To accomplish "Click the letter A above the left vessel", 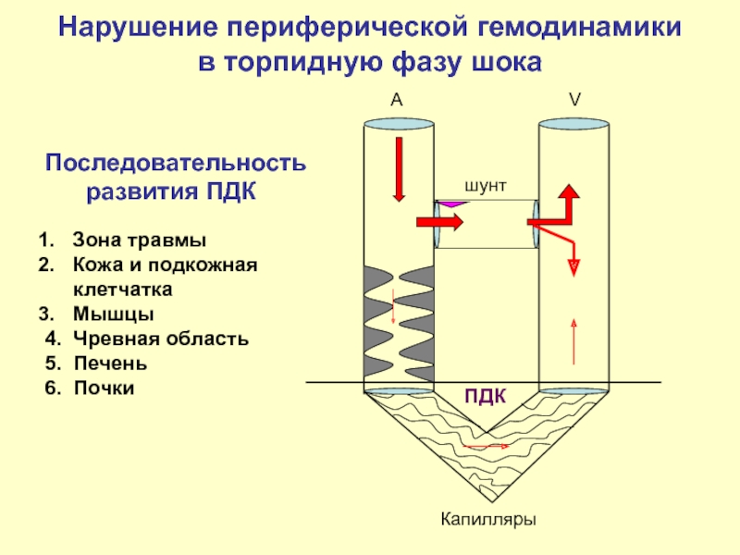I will tap(396, 101).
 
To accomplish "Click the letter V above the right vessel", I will tap(573, 101).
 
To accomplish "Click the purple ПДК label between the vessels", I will tap(485, 397).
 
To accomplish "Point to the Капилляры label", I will tap(488, 519).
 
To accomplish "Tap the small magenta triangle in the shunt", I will tap(450, 202).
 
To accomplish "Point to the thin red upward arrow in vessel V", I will tap(573, 340).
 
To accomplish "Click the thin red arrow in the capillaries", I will tap(486, 446).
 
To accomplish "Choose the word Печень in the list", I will tap(110, 363).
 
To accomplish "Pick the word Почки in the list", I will tap(105, 388).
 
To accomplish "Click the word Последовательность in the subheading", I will tap(176, 164).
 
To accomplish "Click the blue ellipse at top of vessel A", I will tap(400, 124).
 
